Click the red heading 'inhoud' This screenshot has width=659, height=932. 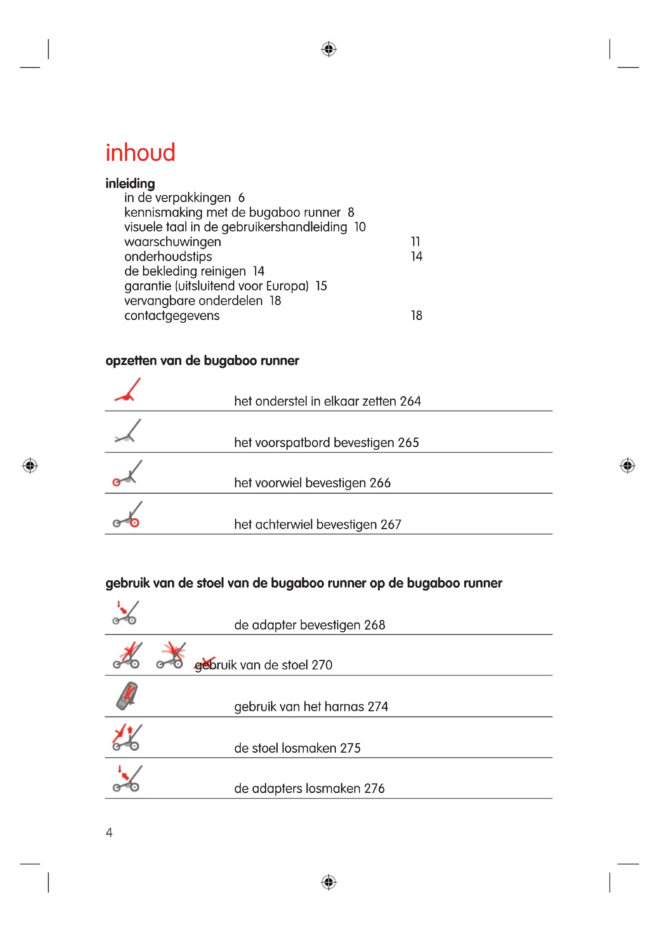pos(140,153)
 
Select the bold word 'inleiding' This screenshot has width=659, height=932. pos(130,183)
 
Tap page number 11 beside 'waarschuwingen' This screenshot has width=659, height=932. pos(415,241)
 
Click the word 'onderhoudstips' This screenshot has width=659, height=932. pos(168,257)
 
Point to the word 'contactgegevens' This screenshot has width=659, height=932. pos(172,316)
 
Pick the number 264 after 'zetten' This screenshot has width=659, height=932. pos(410,401)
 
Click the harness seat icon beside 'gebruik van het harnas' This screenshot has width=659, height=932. pos(127,696)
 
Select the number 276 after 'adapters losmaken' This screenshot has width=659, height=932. pos(374,788)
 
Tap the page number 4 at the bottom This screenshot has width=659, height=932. pos(109,832)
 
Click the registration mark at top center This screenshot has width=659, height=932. pos(329,49)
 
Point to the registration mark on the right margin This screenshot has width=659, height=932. pos(628,465)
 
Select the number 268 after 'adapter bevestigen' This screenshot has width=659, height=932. pos(375,625)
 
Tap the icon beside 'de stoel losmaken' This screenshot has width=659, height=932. pos(127,737)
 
